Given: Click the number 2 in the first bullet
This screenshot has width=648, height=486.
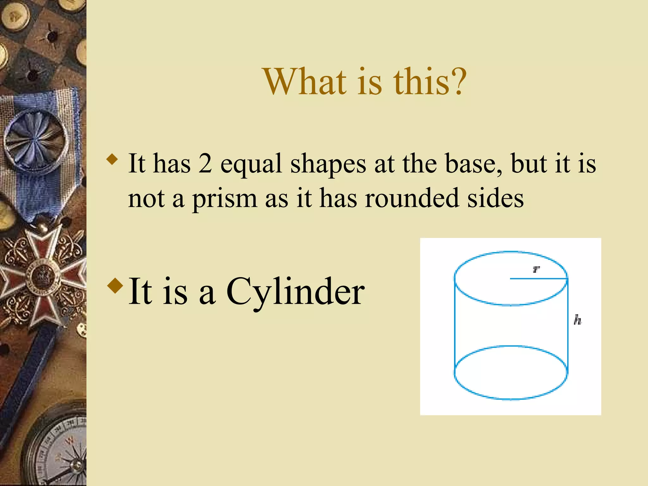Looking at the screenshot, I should pyautogui.click(x=205, y=164).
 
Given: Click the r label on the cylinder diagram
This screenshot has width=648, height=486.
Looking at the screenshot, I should pyautogui.click(x=536, y=269).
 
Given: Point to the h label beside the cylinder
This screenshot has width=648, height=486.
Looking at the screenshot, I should pyautogui.click(x=577, y=320).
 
